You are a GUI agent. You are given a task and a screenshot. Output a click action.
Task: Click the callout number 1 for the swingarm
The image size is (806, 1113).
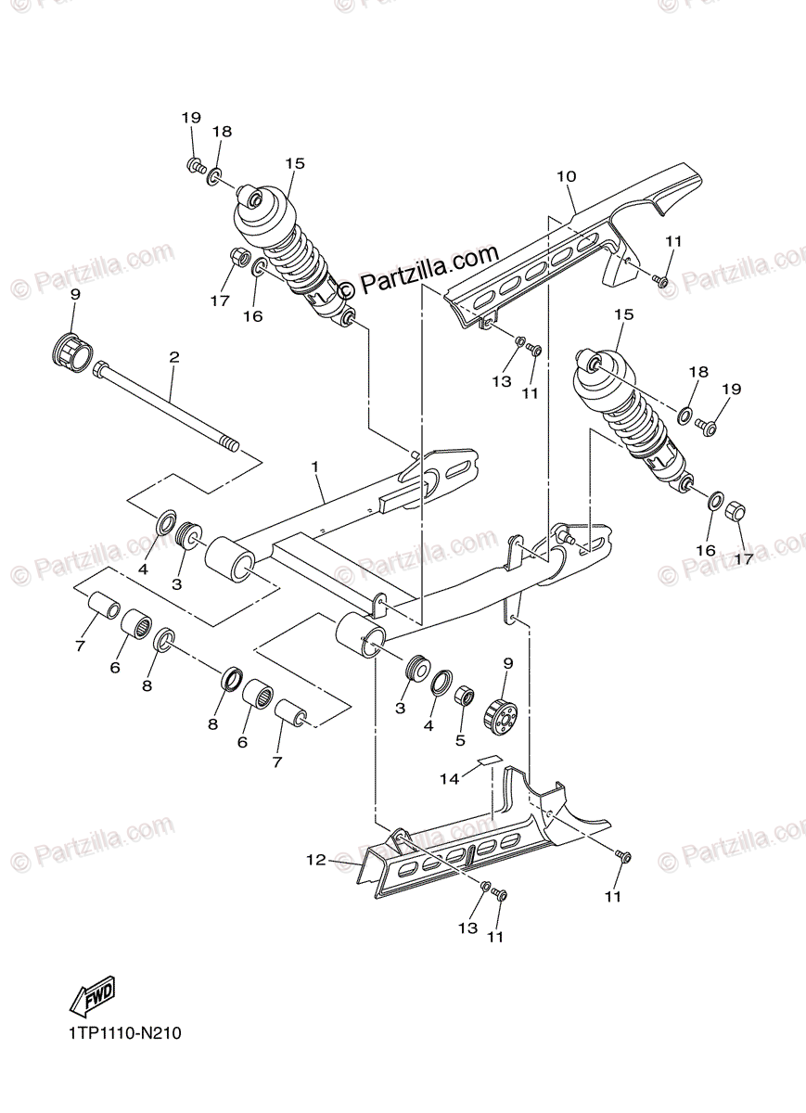[x=316, y=467]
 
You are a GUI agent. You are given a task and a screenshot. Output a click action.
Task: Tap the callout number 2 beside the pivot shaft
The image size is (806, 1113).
[x=173, y=357]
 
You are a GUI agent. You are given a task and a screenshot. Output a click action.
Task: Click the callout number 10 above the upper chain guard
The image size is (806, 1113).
[x=567, y=176]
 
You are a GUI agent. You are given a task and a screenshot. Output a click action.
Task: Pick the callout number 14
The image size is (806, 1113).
[x=449, y=779]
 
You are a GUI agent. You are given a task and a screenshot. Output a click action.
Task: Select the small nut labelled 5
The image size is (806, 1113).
[x=465, y=697]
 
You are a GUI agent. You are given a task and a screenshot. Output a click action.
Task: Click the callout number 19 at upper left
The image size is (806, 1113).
[x=191, y=118]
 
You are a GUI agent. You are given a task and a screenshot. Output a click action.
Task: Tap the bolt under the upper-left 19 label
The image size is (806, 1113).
[x=196, y=166]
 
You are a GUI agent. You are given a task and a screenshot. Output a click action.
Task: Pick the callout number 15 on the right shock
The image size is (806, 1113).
[x=623, y=315]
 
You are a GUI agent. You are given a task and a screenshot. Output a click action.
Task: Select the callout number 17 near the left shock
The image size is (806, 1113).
[x=219, y=301]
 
